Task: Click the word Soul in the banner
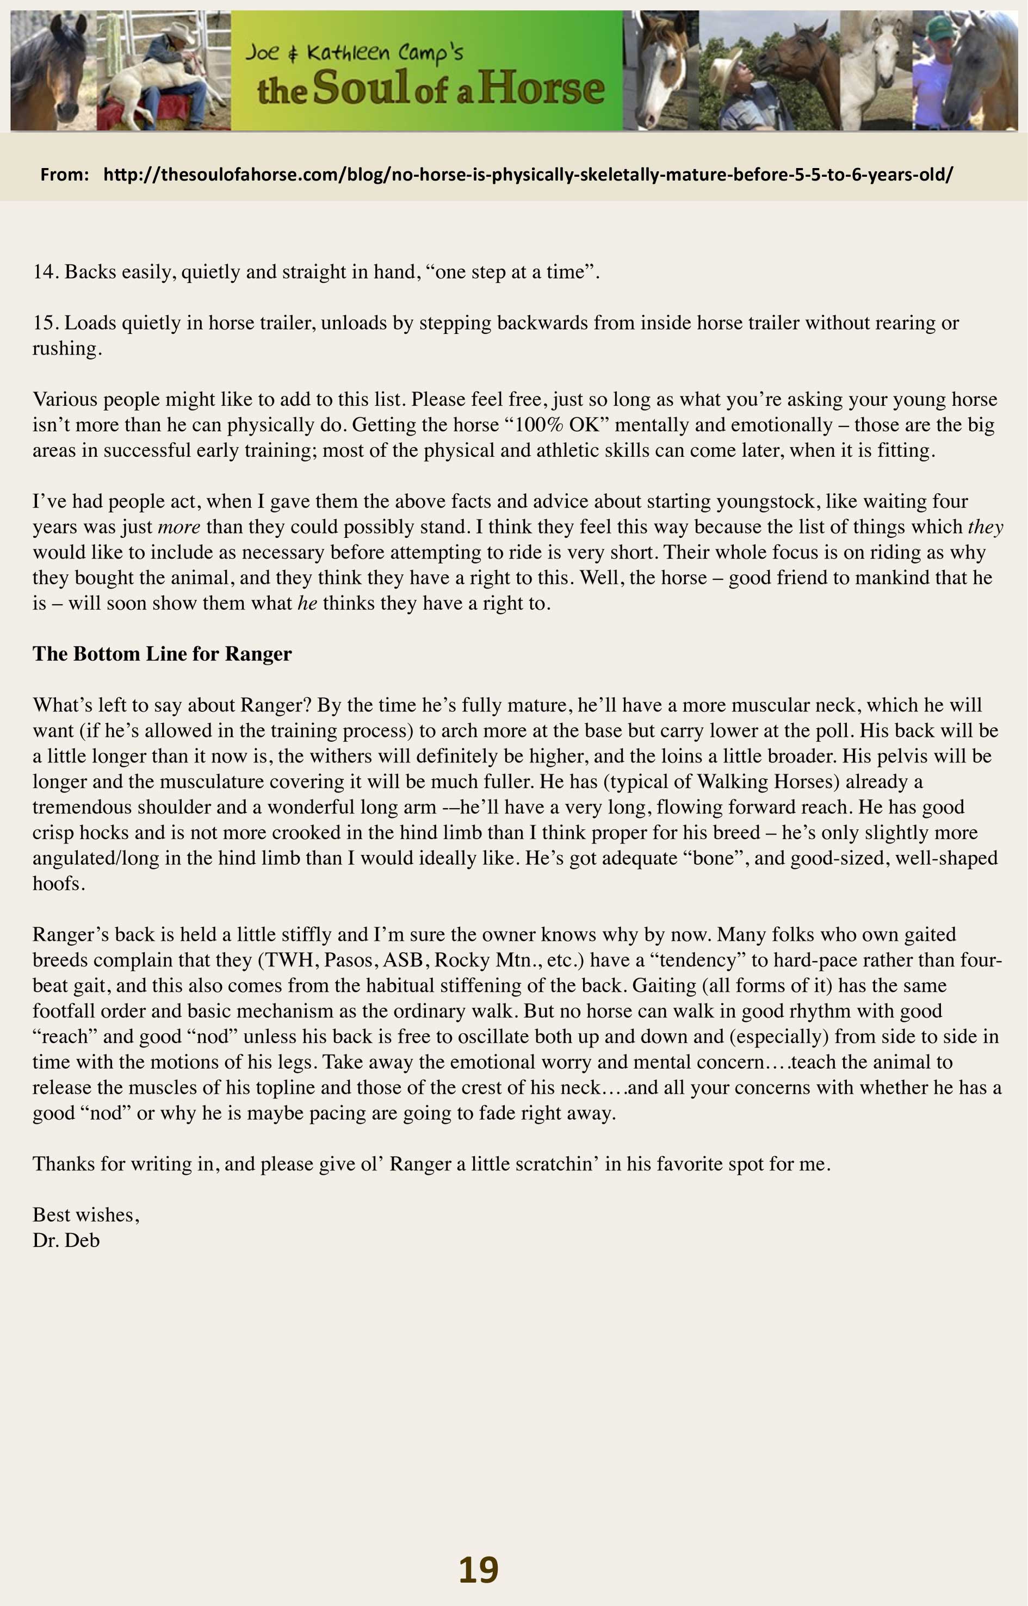click(360, 88)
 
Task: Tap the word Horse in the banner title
click(541, 89)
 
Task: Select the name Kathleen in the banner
click(347, 52)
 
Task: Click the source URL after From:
click(528, 175)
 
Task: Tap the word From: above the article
click(64, 175)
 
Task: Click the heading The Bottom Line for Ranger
click(162, 654)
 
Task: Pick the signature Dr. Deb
click(66, 1240)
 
